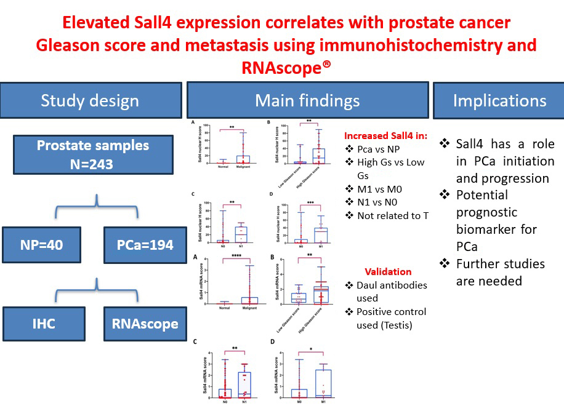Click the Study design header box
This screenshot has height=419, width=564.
tap(90, 100)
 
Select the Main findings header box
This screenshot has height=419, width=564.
tap(307, 100)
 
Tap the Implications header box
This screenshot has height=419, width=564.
tap(499, 100)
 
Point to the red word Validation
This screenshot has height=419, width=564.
tap(388, 271)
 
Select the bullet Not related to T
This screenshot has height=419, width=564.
tap(392, 215)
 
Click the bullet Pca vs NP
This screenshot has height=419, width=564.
tap(382, 149)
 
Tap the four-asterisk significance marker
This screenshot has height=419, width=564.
tap(235, 257)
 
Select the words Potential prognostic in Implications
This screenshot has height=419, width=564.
tap(488, 204)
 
